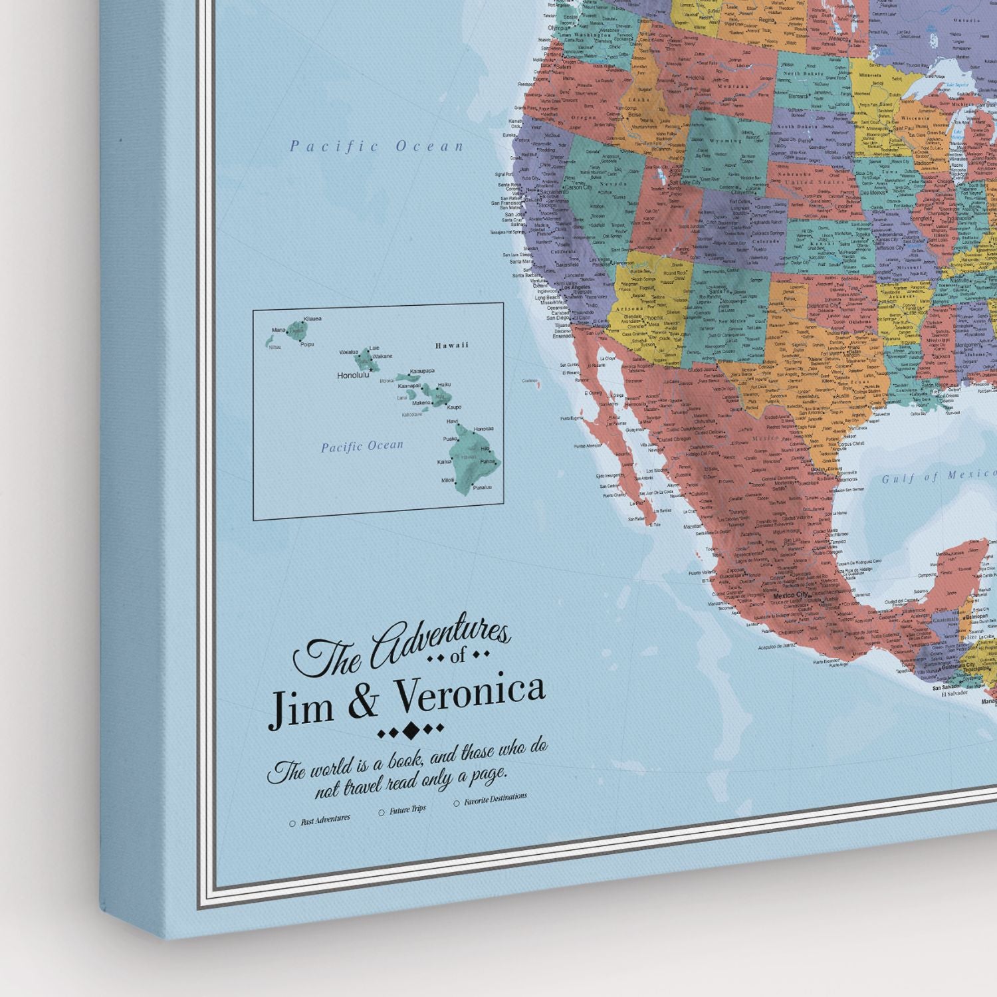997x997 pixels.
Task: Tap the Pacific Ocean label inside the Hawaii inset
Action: (362, 446)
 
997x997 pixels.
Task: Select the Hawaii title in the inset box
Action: (452, 345)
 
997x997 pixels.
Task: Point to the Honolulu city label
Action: (352, 375)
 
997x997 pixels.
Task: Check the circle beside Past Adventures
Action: (292, 824)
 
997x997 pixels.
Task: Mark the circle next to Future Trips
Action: (382, 812)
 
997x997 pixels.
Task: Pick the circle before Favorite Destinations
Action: (456, 803)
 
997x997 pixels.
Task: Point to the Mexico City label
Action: (789, 595)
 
